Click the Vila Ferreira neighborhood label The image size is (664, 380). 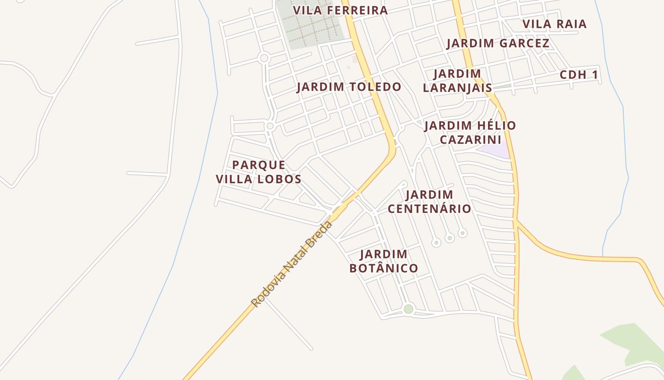[x=340, y=10]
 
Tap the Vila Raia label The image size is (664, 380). [x=554, y=24]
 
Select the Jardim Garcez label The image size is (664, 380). [x=498, y=43]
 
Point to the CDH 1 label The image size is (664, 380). [x=579, y=75]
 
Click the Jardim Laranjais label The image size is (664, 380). [x=457, y=81]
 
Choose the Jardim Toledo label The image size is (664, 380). [x=349, y=87]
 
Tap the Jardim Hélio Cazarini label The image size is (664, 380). [x=470, y=133]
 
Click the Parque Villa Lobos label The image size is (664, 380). [x=258, y=172]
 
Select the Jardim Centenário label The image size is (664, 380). [x=429, y=201]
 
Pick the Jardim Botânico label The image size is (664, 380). [x=383, y=261]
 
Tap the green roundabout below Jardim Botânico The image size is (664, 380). [x=408, y=309]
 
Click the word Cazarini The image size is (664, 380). [x=470, y=140]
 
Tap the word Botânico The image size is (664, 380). [x=383, y=268]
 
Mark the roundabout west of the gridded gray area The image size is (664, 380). [x=264, y=58]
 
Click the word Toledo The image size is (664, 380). [x=376, y=87]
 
